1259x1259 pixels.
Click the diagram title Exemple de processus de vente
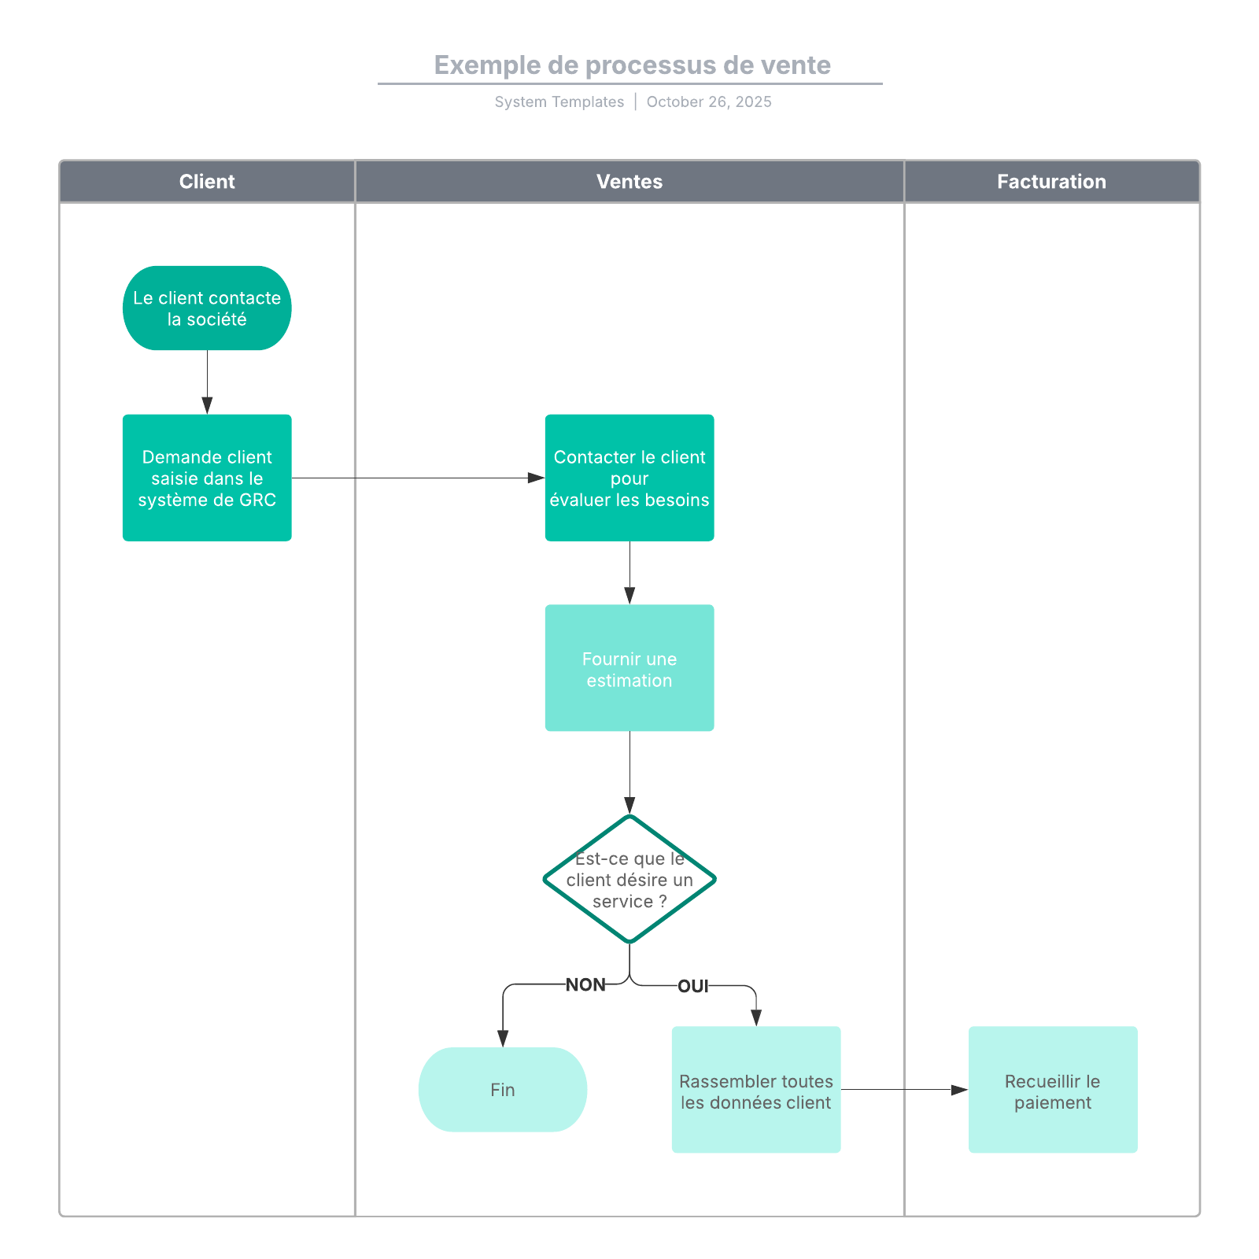pyautogui.click(x=632, y=65)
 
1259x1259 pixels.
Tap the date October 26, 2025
pyautogui.click(x=708, y=102)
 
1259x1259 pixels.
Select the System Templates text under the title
pyautogui.click(x=559, y=102)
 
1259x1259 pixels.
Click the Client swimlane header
pyautogui.click(x=207, y=182)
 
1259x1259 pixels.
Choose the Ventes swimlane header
pyautogui.click(x=629, y=182)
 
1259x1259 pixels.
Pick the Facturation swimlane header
pyautogui.click(x=1051, y=182)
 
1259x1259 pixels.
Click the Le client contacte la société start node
pyautogui.click(x=207, y=308)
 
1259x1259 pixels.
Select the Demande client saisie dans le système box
pyautogui.click(x=207, y=478)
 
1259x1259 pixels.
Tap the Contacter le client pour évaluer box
pyautogui.click(x=629, y=478)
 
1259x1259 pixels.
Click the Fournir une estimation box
pyautogui.click(x=629, y=668)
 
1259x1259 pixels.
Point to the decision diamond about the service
pyautogui.click(x=629, y=879)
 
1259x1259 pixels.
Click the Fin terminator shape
pyautogui.click(x=503, y=1090)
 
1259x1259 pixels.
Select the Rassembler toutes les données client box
pyautogui.click(x=756, y=1090)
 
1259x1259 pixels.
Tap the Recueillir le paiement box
pyautogui.click(x=1053, y=1090)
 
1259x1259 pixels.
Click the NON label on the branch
pyautogui.click(x=585, y=985)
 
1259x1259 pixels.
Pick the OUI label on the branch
pyautogui.click(x=692, y=986)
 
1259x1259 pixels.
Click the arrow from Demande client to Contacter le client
pyautogui.click(x=417, y=478)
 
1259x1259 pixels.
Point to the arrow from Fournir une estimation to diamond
pyautogui.click(x=629, y=771)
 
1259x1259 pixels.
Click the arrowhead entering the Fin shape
pyautogui.click(x=503, y=1039)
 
